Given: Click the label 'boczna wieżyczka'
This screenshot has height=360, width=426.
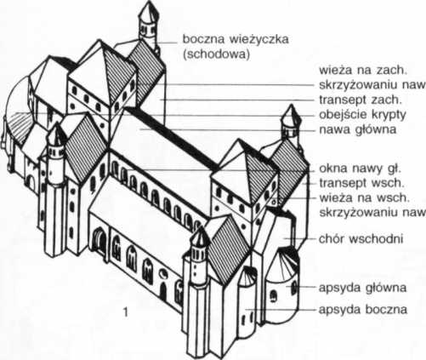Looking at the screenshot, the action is click(x=236, y=39).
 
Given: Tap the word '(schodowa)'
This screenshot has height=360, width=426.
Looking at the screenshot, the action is click(x=216, y=54).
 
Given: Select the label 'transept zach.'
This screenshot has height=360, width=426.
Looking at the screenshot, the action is click(x=361, y=100).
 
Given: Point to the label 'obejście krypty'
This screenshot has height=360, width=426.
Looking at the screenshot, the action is click(x=362, y=115).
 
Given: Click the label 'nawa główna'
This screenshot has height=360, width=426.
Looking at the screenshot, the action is click(x=357, y=130).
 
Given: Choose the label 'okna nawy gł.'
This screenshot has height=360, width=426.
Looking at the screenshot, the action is click(x=360, y=169).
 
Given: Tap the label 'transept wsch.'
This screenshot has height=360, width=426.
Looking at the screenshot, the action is click(x=361, y=183).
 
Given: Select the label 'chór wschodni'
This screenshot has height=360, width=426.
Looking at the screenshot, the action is click(x=361, y=239).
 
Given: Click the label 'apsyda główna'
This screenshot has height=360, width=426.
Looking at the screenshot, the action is click(x=362, y=288).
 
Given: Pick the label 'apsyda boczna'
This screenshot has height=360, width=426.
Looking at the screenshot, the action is click(x=363, y=310).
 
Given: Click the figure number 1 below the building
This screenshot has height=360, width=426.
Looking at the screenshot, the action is click(x=125, y=312).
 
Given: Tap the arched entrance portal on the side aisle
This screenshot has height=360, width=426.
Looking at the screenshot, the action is click(x=99, y=240).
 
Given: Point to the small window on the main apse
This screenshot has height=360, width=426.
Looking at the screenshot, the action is click(x=273, y=296).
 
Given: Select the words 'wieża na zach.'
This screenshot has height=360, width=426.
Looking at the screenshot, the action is click(x=363, y=70).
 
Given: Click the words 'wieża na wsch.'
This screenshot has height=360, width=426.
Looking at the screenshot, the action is click(x=364, y=198).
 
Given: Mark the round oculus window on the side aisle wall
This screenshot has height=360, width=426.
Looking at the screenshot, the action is click(x=163, y=274).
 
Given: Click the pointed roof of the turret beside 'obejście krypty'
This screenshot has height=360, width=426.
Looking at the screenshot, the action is click(x=291, y=114).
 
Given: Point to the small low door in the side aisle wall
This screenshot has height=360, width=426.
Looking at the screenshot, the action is click(x=162, y=291).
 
